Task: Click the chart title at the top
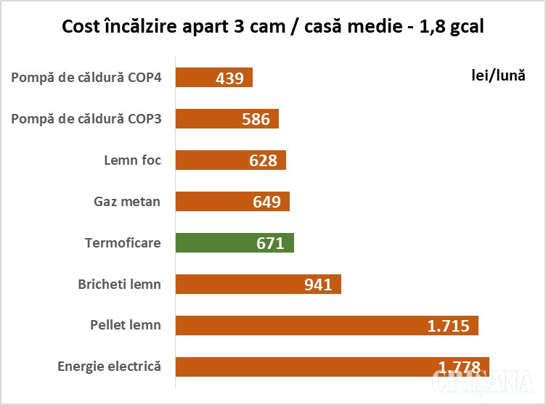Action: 273,27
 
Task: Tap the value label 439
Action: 229,78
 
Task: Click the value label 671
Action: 270,243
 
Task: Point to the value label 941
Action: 317,285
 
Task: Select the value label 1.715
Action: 448,326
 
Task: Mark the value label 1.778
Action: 460,366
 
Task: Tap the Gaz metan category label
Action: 127,201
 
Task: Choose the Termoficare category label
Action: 123,242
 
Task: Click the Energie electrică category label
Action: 109,367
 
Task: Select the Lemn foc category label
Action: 132,160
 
